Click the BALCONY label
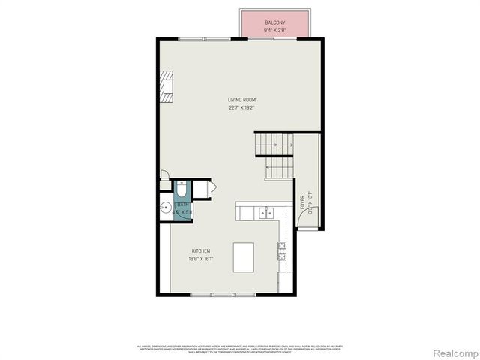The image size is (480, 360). pyautogui.click(x=274, y=23)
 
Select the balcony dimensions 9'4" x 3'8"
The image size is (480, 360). pyautogui.click(x=274, y=31)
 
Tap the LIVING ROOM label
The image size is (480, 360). pyautogui.click(x=241, y=100)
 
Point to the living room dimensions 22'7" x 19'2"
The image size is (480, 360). pyautogui.click(x=241, y=107)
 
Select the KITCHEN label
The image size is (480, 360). pyautogui.click(x=200, y=251)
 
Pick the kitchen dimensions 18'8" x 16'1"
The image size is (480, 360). pyautogui.click(x=201, y=259)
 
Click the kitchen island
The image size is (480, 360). pyautogui.click(x=244, y=257)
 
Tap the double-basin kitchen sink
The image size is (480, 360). pyautogui.click(x=265, y=214)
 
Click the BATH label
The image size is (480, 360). pyautogui.click(x=183, y=204)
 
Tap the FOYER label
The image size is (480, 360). pyautogui.click(x=303, y=202)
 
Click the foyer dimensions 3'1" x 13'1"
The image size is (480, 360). pyautogui.click(x=310, y=202)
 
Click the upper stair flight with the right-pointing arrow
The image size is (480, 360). pyautogui.click(x=274, y=142)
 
